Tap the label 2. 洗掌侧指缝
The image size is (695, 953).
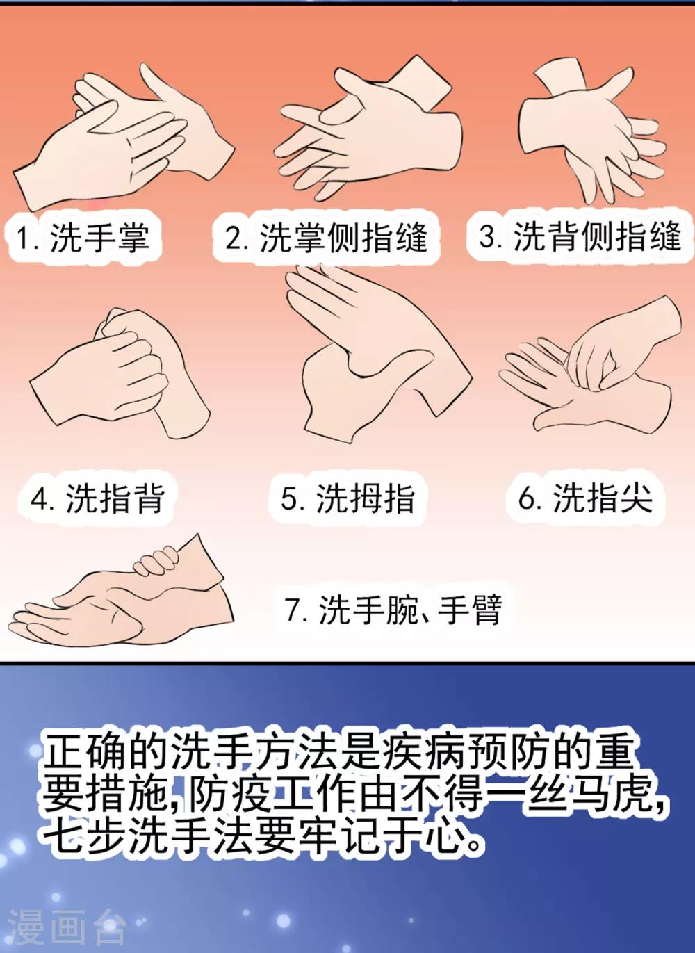pyautogui.click(x=326, y=238)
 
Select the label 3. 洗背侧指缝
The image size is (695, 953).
pyautogui.click(x=580, y=237)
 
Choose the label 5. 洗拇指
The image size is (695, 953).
pyautogui.click(x=347, y=498)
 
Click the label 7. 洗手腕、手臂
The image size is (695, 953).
pyautogui.click(x=394, y=610)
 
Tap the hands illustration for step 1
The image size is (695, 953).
pyautogui.click(x=123, y=136)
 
